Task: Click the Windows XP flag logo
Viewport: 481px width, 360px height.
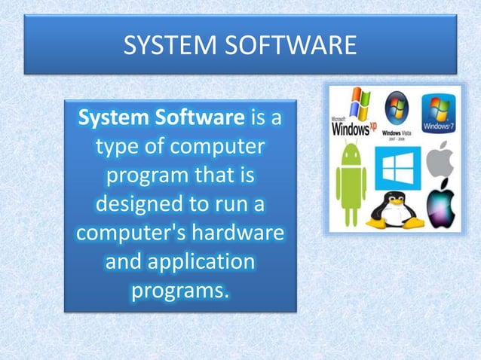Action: pos(357,105)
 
